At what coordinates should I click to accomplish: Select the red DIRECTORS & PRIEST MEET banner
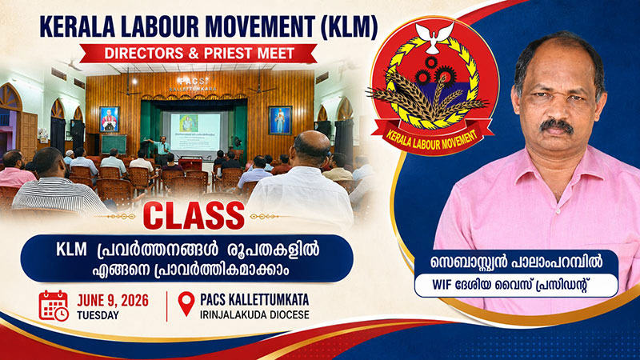[x=198, y=54]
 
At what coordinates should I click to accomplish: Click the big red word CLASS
[x=194, y=215]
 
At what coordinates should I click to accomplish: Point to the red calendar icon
[x=54, y=306]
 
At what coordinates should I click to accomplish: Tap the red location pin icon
[x=186, y=304]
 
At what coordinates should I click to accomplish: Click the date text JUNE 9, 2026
[x=113, y=301]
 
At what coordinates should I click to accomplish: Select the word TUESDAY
[x=98, y=315]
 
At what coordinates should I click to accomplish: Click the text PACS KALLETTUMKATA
[x=254, y=299]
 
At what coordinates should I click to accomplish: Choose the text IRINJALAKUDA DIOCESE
[x=254, y=314]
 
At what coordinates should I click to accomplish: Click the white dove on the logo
[x=434, y=37]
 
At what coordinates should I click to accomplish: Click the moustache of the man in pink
[x=556, y=126]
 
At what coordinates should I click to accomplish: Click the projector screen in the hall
[x=195, y=131]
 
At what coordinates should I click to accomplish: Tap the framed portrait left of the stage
[x=109, y=119]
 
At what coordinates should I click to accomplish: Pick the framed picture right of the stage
[x=280, y=120]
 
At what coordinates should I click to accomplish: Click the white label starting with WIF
[x=516, y=285]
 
